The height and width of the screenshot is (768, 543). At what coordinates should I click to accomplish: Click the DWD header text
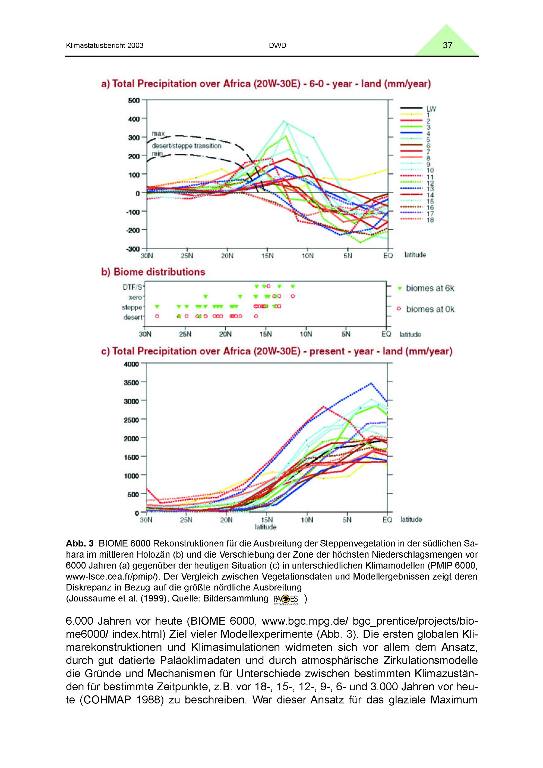277,46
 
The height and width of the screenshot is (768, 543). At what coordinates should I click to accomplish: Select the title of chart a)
266,84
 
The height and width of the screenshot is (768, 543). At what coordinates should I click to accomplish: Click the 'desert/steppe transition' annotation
186,146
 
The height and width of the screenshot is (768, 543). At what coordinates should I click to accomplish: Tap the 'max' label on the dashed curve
158,134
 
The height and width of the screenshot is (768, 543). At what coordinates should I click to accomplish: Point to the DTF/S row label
132,287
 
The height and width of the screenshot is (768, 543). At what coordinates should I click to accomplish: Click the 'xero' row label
135,297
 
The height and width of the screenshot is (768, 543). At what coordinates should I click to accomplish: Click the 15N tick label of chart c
267,520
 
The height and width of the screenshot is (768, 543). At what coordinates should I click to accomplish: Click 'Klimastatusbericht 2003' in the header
105,46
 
